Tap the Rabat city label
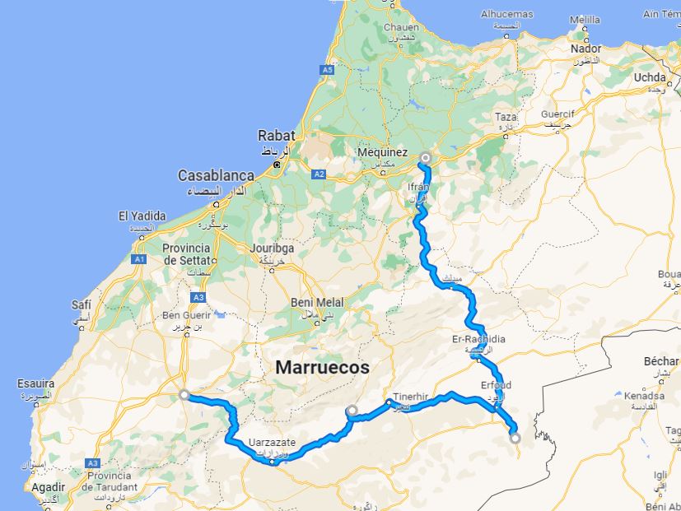274,135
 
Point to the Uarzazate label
271,443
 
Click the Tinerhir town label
411,396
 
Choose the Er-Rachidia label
478,339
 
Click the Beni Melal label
313,302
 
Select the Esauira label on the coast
35,383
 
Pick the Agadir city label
49,487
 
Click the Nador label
585,49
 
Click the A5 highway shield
329,71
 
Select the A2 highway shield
319,174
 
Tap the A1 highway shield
139,259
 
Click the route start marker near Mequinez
426,157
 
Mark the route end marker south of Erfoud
515,438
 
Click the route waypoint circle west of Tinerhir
352,410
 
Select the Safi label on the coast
82,303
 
